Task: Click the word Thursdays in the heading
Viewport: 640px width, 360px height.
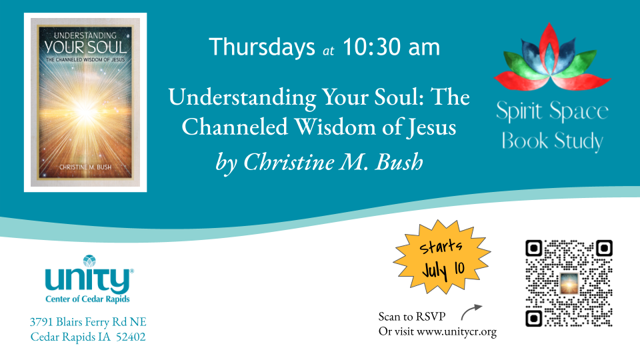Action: coord(261,47)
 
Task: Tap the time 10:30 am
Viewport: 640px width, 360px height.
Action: coord(391,47)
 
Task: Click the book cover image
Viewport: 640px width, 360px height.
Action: coord(85,103)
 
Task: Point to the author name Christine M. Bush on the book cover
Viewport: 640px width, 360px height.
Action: coord(85,167)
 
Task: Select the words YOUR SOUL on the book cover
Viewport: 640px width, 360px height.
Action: coord(85,48)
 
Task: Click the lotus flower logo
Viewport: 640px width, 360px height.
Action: coord(552,57)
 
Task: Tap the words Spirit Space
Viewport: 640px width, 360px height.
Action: coord(552,111)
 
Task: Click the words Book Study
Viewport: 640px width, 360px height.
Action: coord(552,141)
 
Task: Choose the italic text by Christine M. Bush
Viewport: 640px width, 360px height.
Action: coord(319,163)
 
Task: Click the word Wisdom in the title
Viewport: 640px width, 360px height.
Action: coord(335,127)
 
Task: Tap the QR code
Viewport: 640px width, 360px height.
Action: coord(569,283)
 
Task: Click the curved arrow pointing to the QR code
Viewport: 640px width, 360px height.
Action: coord(471,311)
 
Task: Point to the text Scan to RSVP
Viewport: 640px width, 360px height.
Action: coord(412,316)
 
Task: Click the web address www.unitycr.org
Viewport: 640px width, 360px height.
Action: coord(457,332)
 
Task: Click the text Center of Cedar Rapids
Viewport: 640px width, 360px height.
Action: coord(87,299)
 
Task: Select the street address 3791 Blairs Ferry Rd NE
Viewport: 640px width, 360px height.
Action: coord(88,322)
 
